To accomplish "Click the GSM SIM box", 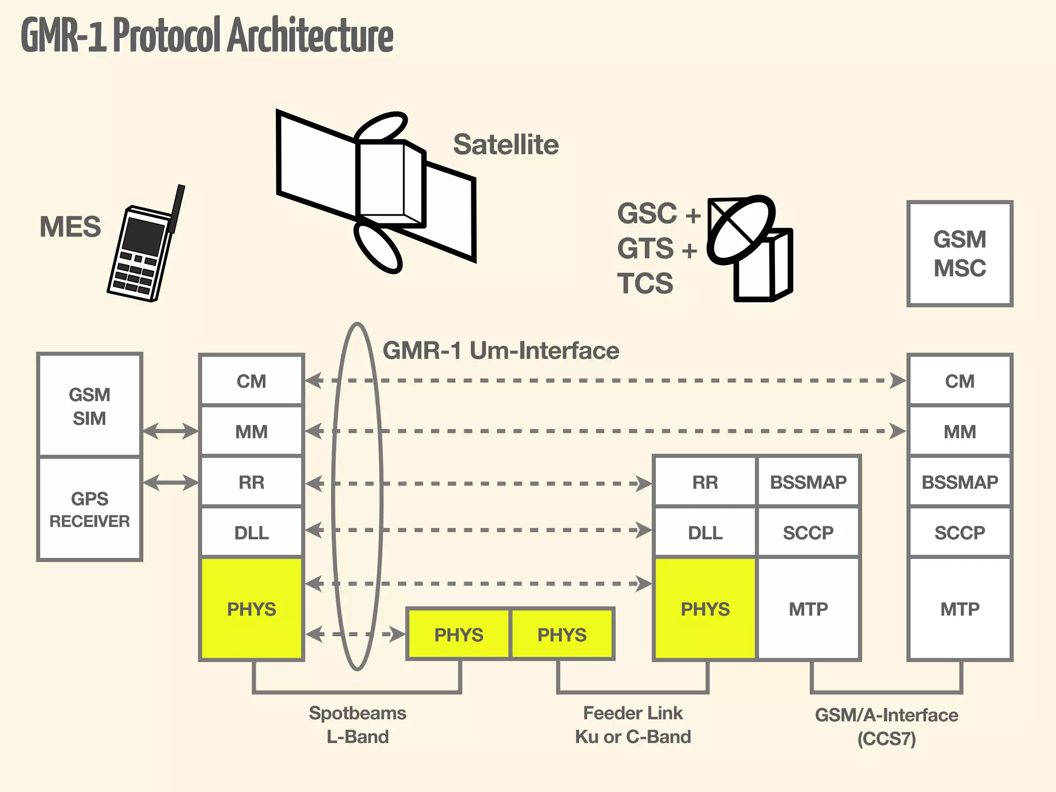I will point(89,406).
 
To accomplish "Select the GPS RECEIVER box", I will point(89,509).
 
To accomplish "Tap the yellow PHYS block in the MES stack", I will point(252,608).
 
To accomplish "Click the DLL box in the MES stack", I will point(252,532).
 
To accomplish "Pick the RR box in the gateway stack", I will point(705,482).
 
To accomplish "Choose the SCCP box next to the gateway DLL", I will point(808,532).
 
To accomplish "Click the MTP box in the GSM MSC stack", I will point(960,608).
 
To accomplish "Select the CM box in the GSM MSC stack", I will point(960,381).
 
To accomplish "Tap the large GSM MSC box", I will point(960,254).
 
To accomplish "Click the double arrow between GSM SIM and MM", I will point(170,431).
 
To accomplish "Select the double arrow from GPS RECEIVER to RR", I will point(170,483).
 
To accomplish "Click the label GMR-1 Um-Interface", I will point(500,351).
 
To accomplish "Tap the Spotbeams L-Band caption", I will point(357,724).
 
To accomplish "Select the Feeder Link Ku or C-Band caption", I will point(633,724).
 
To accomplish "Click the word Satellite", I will point(505,144).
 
